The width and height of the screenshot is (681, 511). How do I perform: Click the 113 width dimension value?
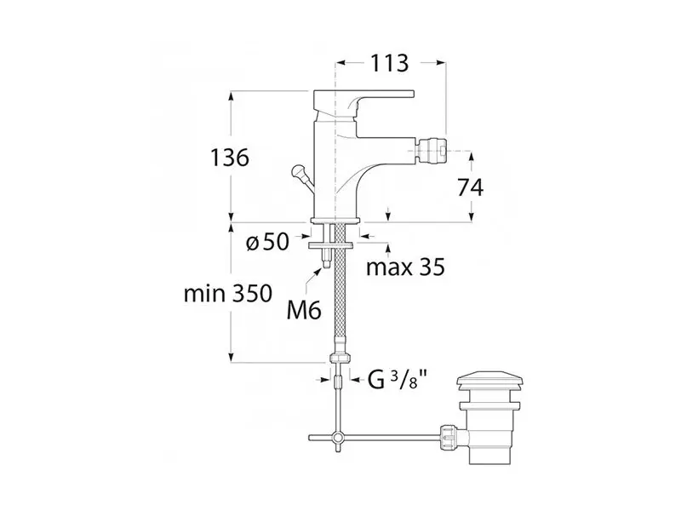coord(389,63)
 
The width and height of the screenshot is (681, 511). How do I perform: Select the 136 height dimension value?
coord(230,158)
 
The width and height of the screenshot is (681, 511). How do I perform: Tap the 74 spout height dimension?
coord(471,188)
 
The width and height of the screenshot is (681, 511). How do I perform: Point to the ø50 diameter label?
coord(267,242)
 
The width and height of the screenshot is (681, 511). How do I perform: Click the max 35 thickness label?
coord(406,267)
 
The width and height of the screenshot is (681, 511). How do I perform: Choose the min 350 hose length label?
coord(228,294)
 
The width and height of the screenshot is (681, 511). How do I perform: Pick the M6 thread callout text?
coord(304,311)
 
